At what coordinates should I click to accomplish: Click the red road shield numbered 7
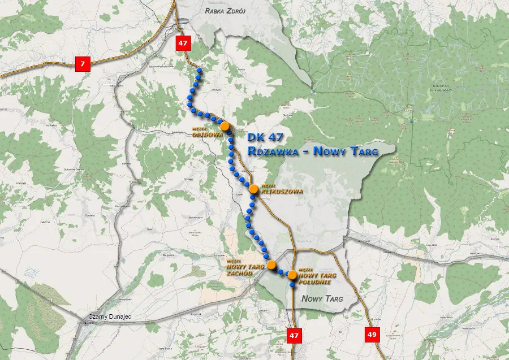83,64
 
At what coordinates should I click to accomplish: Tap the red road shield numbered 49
372,335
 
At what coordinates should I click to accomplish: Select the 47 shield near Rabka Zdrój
182,43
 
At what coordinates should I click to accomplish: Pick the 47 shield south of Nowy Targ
294,335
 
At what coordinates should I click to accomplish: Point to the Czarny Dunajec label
110,316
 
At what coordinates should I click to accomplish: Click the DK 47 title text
269,138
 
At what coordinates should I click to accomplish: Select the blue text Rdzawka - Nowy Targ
313,151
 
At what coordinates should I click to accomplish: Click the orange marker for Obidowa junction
225,126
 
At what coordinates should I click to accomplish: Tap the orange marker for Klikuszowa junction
254,189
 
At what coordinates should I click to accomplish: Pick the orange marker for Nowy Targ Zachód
271,264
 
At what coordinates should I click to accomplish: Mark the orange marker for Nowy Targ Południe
292,275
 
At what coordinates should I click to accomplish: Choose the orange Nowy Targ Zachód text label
245,269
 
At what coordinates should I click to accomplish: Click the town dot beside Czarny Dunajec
85,323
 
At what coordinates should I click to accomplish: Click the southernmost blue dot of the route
292,285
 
